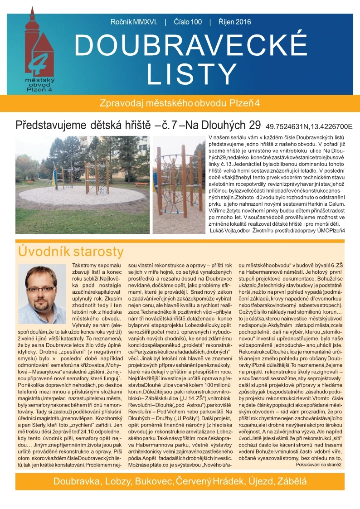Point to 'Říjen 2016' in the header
234,22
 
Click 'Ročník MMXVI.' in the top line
134,22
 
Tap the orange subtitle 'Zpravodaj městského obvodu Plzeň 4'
180,102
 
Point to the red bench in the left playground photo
141,184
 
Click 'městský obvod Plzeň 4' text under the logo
38,84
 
